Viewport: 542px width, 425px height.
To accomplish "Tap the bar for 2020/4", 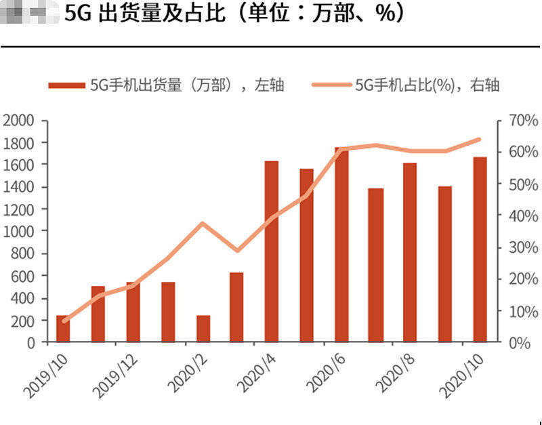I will click(x=272, y=251).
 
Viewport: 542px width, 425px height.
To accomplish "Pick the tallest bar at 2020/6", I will click(x=341, y=245).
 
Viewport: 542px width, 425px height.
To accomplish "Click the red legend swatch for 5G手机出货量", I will click(x=66, y=85).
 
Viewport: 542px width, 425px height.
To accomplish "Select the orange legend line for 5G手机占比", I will click(x=331, y=85).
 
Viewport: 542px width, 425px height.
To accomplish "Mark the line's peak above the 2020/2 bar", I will click(x=202, y=223).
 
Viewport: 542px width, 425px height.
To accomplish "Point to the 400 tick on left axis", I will click(x=23, y=298).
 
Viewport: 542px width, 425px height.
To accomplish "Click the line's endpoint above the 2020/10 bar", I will click(x=480, y=140).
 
